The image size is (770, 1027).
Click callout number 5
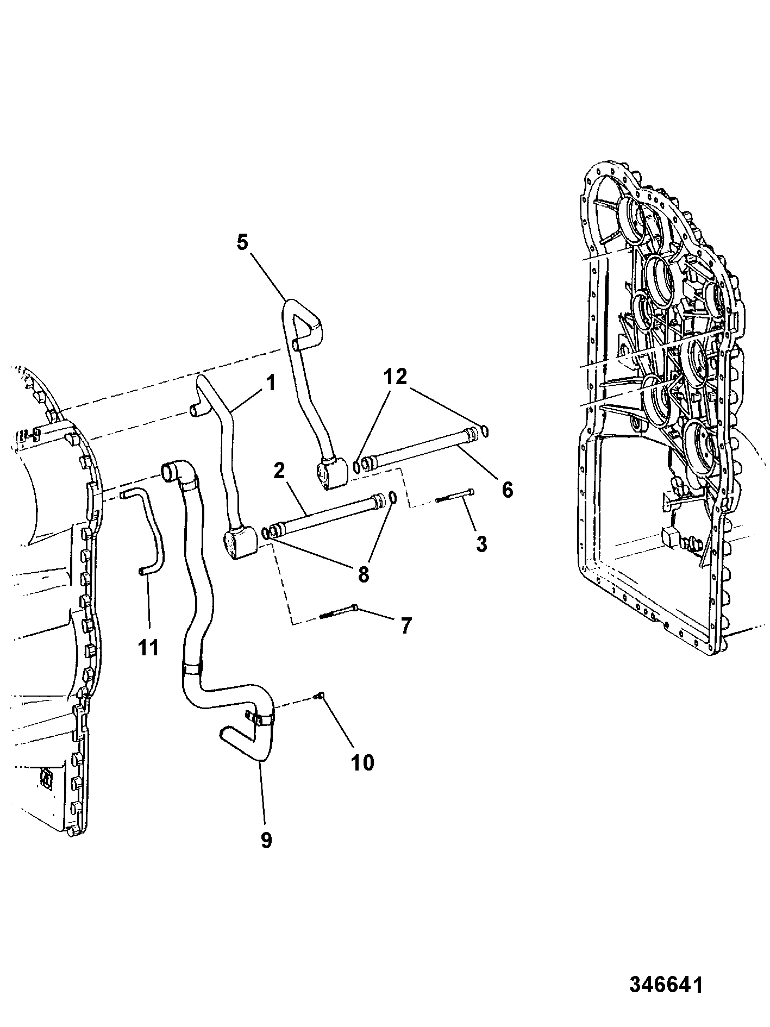coord(242,242)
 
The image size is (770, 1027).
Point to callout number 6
coord(506,490)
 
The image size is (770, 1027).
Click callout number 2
coord(279,471)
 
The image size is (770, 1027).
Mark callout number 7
coord(405,626)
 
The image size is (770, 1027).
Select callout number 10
coord(362,762)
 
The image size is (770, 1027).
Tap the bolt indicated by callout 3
coord(454,496)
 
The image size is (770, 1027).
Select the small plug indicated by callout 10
coord(320,695)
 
